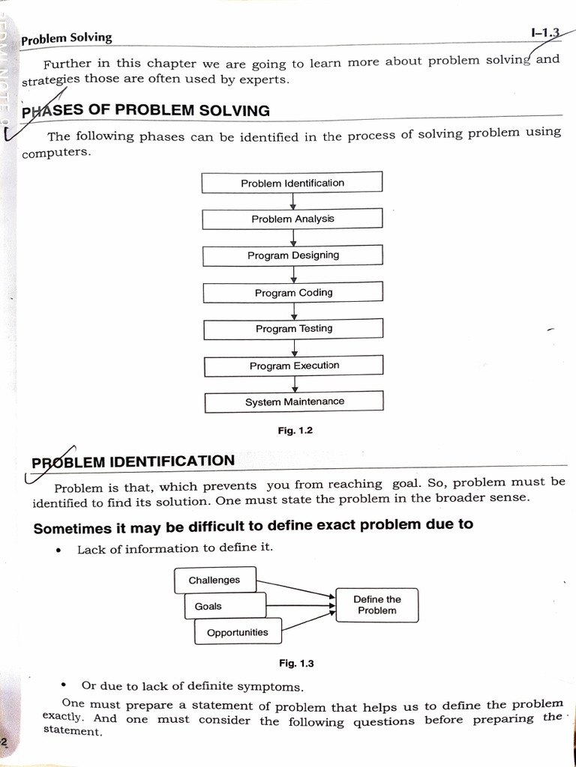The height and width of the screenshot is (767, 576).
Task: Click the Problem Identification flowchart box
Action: tap(292, 182)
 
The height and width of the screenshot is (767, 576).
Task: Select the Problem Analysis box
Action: tap(292, 219)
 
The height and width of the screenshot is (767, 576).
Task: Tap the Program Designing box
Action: tap(292, 255)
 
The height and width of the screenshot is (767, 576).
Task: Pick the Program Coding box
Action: tap(293, 292)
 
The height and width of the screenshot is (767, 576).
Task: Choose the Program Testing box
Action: tap(293, 329)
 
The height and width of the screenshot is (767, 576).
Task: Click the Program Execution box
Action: tap(294, 366)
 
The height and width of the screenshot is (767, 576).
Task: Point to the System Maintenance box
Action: tap(294, 402)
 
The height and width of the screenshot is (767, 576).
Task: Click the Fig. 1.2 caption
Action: tap(295, 431)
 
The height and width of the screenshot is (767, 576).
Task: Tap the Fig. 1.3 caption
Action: tap(296, 663)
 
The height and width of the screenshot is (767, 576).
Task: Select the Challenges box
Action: tap(215, 580)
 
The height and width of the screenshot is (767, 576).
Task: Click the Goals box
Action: tap(225, 606)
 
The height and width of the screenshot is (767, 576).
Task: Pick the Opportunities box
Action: tap(238, 632)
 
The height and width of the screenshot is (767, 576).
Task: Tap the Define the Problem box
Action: tap(376, 605)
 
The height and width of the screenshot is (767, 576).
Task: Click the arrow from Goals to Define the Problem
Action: tap(300, 606)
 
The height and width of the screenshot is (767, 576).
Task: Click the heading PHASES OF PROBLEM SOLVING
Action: tap(146, 111)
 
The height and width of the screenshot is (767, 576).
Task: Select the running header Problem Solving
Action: tap(67, 37)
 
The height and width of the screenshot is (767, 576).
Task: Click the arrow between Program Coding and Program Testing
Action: tap(294, 311)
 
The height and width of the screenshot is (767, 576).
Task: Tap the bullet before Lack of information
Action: tap(58, 550)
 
